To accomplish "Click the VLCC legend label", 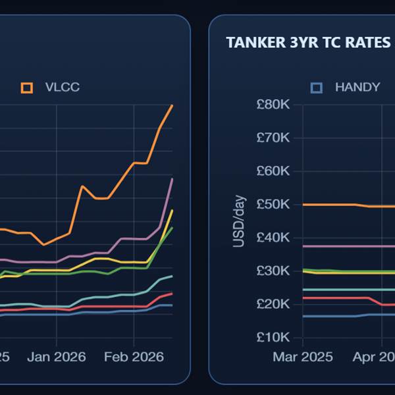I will click(x=63, y=87).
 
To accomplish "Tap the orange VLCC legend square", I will click(x=27, y=88).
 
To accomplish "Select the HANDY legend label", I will click(x=357, y=87).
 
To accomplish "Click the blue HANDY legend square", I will click(x=317, y=88).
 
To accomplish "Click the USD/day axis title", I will click(x=238, y=221).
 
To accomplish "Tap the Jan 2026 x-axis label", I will click(x=57, y=357).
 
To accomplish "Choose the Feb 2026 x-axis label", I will click(x=134, y=357).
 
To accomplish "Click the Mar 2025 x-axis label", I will click(x=303, y=357).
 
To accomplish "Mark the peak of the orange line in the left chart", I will click(x=172, y=105).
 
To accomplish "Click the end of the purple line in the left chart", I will click(x=172, y=178).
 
